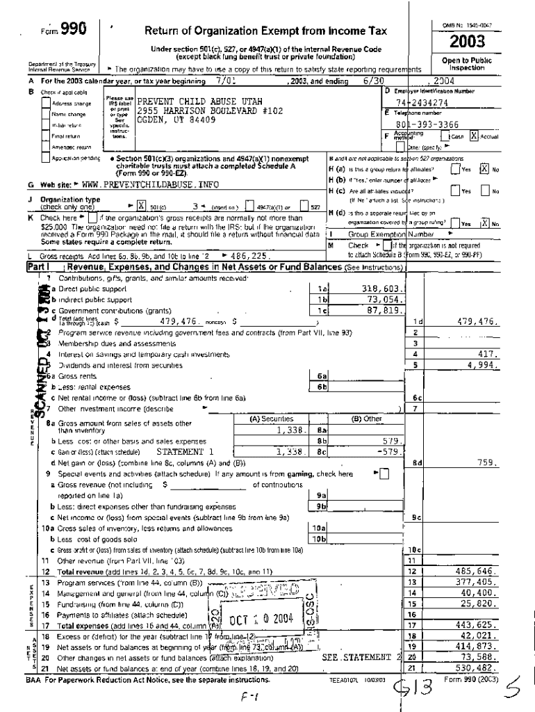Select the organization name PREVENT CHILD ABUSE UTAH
click(x=194, y=102)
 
